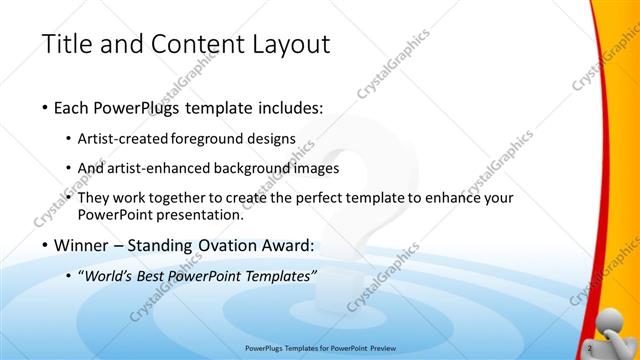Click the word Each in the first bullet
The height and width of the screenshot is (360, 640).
pyautogui.click(x=75, y=107)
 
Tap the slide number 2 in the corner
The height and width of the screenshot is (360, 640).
pyautogui.click(x=591, y=346)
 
